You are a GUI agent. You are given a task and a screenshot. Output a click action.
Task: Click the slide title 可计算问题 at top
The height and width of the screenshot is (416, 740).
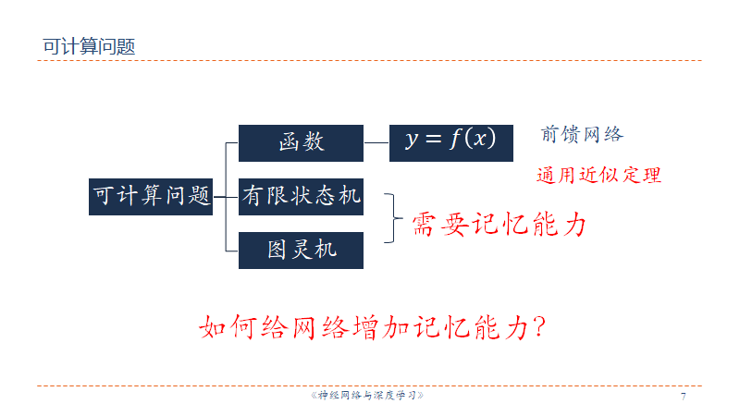(89, 46)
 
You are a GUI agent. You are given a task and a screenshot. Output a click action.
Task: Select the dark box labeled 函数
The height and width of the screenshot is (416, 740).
(301, 142)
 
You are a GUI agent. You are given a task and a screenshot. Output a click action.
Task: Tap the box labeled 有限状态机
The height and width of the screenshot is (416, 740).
(301, 196)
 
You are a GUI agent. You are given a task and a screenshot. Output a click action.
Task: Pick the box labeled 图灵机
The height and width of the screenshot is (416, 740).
(301, 250)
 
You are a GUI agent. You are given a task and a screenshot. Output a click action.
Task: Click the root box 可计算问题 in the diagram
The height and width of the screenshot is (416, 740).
(151, 196)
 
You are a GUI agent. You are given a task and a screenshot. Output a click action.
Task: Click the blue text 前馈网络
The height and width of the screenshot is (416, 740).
(582, 135)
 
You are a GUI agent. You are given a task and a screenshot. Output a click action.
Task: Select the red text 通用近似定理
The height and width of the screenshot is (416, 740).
(598, 176)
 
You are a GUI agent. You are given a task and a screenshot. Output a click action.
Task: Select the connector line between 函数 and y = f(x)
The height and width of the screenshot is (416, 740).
(376, 142)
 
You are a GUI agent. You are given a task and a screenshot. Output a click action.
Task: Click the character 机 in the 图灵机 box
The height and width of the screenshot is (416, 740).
(325, 250)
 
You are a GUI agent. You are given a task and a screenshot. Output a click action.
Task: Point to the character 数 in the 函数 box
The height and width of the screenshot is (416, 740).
(314, 142)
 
